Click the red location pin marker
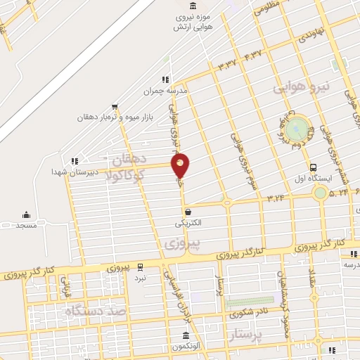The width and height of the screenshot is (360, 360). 181,165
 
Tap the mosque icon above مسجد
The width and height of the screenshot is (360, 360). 27,214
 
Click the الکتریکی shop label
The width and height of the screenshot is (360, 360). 188,223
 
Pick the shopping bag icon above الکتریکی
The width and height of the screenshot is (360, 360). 188,212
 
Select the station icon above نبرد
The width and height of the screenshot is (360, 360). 140,266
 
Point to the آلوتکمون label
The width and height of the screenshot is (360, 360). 186,347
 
